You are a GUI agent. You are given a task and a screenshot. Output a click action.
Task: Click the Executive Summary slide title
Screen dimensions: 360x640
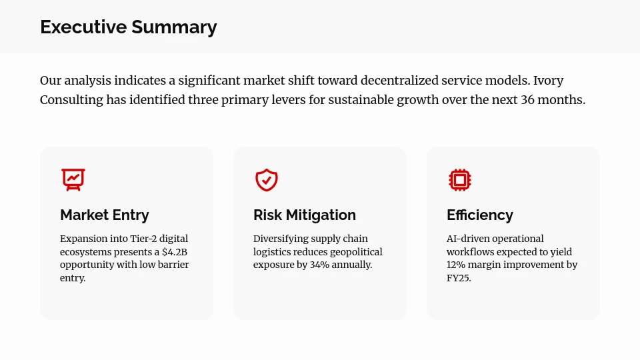[x=128, y=27]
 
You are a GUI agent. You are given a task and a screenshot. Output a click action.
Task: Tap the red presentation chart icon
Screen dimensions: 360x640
[x=73, y=180]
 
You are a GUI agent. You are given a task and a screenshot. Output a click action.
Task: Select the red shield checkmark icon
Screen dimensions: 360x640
[x=267, y=180]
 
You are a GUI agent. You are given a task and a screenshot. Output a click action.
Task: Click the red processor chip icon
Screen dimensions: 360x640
[x=460, y=180]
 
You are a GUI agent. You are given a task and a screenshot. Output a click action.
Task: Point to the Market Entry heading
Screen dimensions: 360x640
[x=105, y=215]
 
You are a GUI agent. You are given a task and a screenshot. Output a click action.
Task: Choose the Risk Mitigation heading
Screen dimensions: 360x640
[x=305, y=215]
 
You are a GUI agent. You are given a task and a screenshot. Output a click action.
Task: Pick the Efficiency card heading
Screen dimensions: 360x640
[x=480, y=215]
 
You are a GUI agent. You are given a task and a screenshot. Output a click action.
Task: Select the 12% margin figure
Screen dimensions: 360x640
[x=457, y=265]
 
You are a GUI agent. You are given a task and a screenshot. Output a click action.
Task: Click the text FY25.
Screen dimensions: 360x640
[x=459, y=279]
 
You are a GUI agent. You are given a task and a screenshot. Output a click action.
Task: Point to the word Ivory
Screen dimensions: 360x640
[x=548, y=81]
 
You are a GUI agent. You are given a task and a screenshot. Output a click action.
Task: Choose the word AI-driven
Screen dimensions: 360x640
[x=468, y=239]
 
